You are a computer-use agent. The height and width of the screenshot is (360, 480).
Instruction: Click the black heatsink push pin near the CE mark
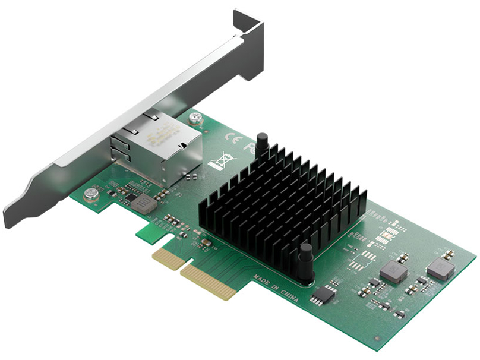click(x=262, y=144)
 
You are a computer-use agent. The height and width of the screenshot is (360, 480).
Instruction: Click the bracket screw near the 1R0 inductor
click(x=91, y=192)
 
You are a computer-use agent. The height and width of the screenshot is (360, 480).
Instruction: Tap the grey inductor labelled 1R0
click(x=144, y=204)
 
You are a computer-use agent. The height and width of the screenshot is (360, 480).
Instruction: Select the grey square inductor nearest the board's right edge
click(x=440, y=268)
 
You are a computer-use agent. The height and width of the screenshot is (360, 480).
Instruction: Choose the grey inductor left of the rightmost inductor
click(x=393, y=271)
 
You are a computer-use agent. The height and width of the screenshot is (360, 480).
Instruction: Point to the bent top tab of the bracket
click(x=248, y=24)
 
